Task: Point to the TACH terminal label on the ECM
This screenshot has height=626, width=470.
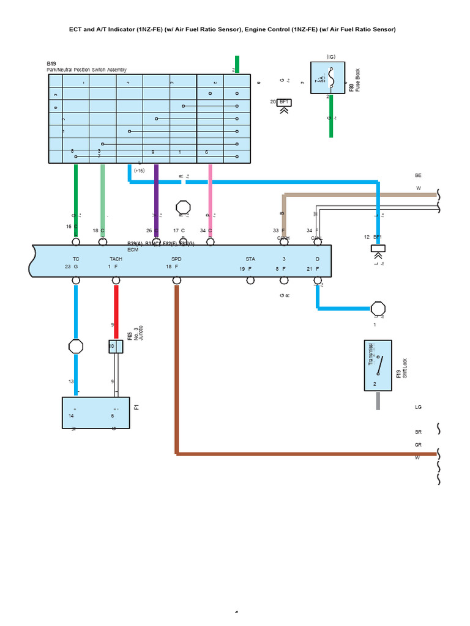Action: coord(116,259)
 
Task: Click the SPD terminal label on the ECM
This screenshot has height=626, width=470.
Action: coord(176,259)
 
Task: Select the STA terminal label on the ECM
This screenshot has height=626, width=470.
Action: coord(250,259)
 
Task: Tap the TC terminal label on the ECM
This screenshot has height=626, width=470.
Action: coord(76,259)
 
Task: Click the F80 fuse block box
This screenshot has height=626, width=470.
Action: coord(329,78)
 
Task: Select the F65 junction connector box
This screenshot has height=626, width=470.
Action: coord(116,347)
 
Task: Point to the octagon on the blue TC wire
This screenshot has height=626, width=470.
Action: coord(76,347)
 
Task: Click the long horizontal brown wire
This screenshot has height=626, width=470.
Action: coord(306,454)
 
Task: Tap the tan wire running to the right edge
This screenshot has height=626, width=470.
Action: coord(361,195)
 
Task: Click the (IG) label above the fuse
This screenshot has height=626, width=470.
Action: coord(331,56)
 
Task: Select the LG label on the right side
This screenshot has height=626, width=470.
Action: coord(419,407)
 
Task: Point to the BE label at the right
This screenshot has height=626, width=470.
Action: coord(419,175)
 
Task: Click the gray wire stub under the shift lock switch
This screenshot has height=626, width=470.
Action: coord(378,400)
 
